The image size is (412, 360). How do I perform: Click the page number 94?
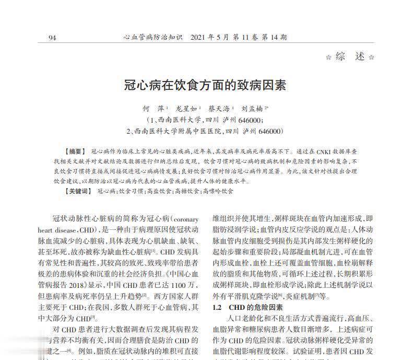[52, 38]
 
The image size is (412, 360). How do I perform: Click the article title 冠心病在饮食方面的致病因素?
[206, 85]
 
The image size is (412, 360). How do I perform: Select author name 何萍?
[154, 109]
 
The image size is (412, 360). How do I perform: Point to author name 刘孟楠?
[253, 109]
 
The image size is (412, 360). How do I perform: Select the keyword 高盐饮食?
[159, 192]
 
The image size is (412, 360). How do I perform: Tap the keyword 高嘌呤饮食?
[218, 192]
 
